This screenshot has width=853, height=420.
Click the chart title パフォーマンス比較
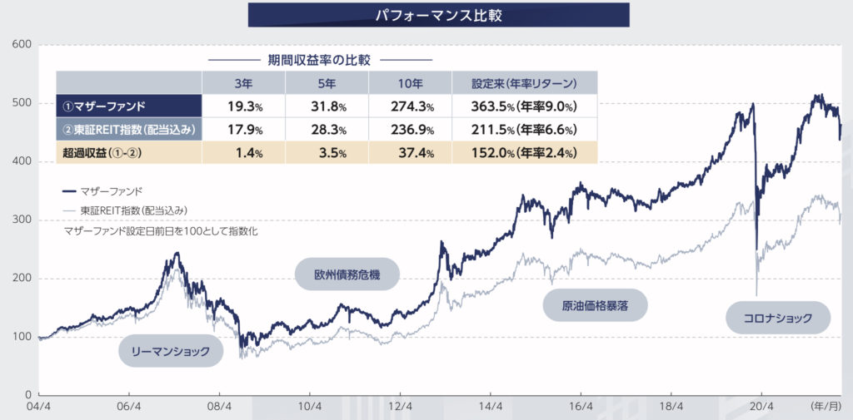coord(438,14)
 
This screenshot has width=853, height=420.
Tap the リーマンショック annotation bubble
coord(171,351)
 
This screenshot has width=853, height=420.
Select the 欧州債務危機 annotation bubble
coord(347,274)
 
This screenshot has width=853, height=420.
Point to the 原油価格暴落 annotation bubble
coord(596,305)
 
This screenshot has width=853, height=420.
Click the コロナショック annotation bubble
coord(779,317)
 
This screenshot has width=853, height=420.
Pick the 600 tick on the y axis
coord(22,44)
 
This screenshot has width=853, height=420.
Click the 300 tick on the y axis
coord(22,220)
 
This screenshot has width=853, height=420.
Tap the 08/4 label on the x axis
coord(219,408)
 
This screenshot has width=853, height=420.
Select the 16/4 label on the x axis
coord(581,408)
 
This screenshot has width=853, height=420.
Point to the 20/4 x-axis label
coord(761,408)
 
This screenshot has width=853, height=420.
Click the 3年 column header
coord(243,83)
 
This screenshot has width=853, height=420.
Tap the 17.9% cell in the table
coord(245,130)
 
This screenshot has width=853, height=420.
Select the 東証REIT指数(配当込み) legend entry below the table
coord(133,210)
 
